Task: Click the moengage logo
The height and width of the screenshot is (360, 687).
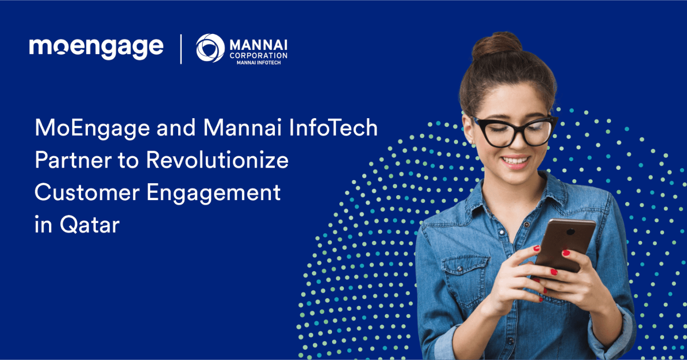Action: point(96,48)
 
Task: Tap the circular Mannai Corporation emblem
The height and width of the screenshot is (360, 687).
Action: point(210,48)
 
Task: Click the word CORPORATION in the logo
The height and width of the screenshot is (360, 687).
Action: point(258,55)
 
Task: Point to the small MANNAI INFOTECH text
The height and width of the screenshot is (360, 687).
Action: point(259,63)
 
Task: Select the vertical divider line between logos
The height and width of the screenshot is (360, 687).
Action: point(181,49)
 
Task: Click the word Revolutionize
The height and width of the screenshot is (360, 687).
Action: point(217,160)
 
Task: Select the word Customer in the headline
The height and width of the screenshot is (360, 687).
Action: point(87,192)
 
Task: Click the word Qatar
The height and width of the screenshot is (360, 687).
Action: point(90,225)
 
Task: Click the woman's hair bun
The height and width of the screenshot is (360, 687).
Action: point(496,45)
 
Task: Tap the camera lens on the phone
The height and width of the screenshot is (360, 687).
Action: point(571,232)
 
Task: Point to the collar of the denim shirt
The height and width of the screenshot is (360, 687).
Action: point(518,196)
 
